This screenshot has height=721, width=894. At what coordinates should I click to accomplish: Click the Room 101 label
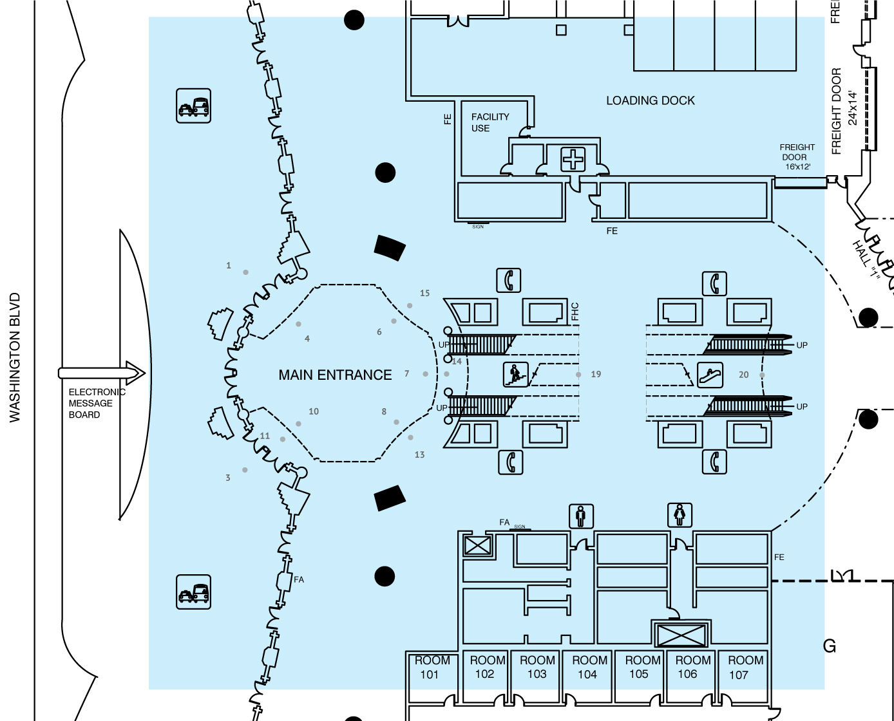pyautogui.click(x=431, y=668)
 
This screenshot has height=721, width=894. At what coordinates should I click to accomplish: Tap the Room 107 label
pyautogui.click(x=745, y=668)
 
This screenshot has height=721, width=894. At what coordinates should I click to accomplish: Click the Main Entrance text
pyautogui.click(x=335, y=375)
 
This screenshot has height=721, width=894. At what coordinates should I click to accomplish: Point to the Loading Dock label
pyautogui.click(x=651, y=100)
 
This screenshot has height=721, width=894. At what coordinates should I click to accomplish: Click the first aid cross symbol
pyautogui.click(x=573, y=159)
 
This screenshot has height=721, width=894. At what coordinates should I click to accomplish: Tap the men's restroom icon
pyautogui.click(x=581, y=516)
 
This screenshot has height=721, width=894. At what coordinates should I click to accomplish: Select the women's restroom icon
pyautogui.click(x=680, y=515)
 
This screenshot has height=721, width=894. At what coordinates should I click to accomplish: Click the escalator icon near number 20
pyautogui.click(x=710, y=375)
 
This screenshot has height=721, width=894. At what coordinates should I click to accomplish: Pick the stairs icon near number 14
pyautogui.click(x=515, y=373)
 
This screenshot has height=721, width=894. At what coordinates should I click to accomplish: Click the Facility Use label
pyautogui.click(x=490, y=122)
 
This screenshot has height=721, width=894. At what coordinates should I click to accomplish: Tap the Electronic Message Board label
pyautogui.click(x=95, y=404)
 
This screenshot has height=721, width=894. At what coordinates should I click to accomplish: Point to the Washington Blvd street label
pyautogui.click(x=15, y=358)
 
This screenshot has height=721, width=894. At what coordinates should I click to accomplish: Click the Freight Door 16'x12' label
pyautogui.click(x=797, y=157)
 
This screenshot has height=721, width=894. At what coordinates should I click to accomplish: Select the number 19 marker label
pyautogui.click(x=596, y=374)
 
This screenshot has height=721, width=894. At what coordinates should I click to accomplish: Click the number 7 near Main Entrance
pyautogui.click(x=406, y=373)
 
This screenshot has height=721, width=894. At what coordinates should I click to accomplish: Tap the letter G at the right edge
pyautogui.click(x=830, y=646)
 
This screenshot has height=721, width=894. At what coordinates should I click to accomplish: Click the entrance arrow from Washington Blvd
pyautogui.click(x=102, y=373)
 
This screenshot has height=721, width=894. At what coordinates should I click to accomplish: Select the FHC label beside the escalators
pyautogui.click(x=575, y=312)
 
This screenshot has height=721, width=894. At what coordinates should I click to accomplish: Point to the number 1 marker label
pyautogui.click(x=229, y=265)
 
